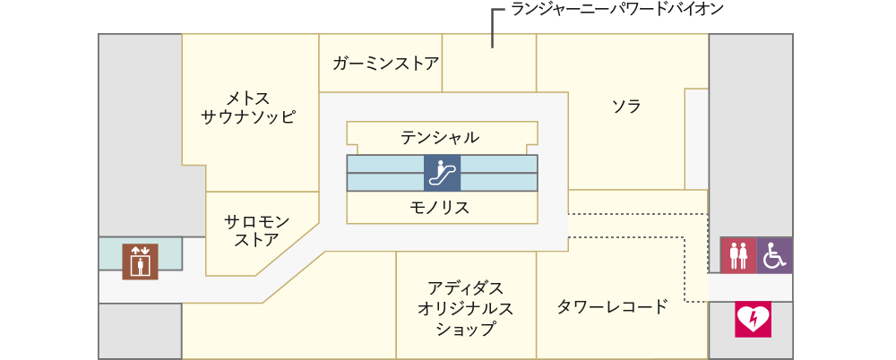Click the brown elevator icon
click(x=140, y=261)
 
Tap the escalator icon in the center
click(x=442, y=173)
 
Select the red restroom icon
click(x=737, y=255)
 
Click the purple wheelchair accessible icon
click(x=775, y=255)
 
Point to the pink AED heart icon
click(x=754, y=320)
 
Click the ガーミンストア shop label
click(x=385, y=63)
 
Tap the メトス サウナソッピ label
click(x=248, y=107)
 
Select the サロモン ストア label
click(x=257, y=230)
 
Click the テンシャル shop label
click(x=439, y=137)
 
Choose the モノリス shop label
click(x=439, y=207)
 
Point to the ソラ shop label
click(x=626, y=107)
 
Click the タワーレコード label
click(x=613, y=307)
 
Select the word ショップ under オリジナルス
click(x=465, y=330)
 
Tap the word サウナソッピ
click(x=248, y=117)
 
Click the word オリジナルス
click(x=465, y=309)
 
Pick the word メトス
click(x=248, y=97)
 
